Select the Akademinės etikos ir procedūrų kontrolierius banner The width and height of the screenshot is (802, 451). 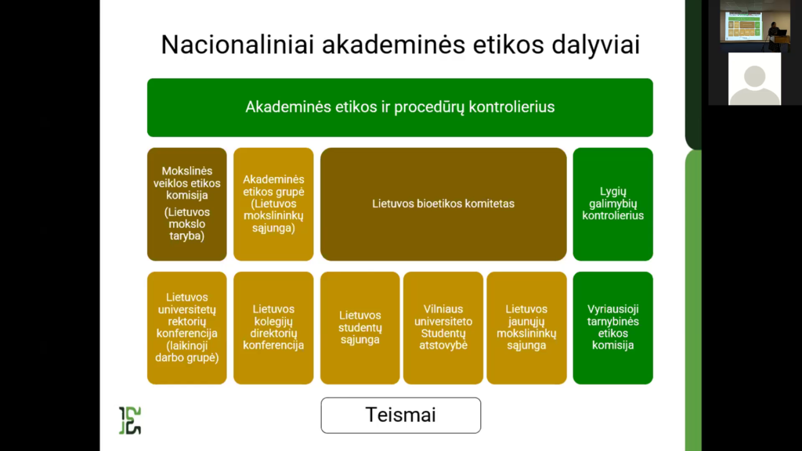click(400, 107)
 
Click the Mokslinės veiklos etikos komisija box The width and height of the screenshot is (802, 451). click(186, 204)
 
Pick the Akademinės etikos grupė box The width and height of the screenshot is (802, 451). click(273, 204)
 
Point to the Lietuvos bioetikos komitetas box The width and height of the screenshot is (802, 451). click(443, 204)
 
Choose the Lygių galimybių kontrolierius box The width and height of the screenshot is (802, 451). click(612, 204)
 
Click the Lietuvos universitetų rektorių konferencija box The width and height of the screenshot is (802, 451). click(186, 328)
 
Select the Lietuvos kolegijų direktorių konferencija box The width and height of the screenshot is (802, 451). click(273, 328)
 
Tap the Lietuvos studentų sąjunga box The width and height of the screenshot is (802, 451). click(360, 328)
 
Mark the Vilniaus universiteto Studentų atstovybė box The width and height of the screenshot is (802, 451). click(443, 328)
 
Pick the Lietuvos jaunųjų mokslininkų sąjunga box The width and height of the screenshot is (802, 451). click(526, 328)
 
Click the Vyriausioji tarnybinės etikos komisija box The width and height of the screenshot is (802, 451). click(612, 328)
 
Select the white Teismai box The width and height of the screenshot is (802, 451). click(401, 415)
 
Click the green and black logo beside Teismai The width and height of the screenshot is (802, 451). click(130, 420)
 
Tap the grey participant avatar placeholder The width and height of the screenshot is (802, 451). click(754, 79)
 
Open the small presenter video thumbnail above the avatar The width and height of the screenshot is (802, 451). click(755, 26)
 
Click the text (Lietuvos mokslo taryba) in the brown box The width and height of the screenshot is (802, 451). click(186, 224)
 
